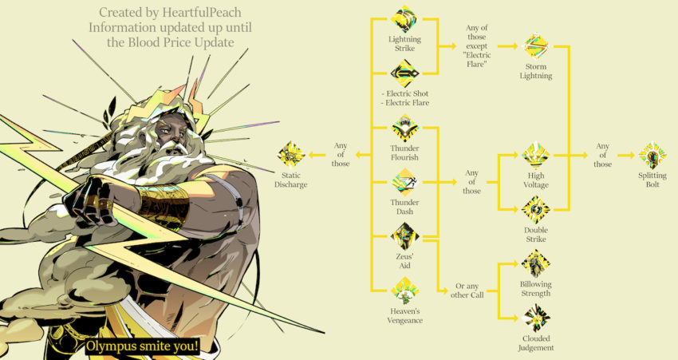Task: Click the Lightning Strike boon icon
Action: tap(404, 19)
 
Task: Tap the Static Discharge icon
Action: tap(291, 155)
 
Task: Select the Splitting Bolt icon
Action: tap(652, 156)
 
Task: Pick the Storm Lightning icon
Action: tap(536, 45)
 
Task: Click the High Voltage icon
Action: tap(536, 156)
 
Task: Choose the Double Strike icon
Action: tap(536, 210)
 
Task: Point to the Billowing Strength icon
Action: tap(536, 264)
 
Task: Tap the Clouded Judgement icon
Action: tap(536, 318)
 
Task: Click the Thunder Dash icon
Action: tap(404, 182)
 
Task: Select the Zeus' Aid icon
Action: tap(404, 236)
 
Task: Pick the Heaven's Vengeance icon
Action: tap(404, 291)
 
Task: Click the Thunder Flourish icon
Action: tap(404, 128)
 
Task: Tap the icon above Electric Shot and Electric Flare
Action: tap(404, 73)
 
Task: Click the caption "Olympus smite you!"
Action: tap(143, 346)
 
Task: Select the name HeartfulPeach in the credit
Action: tap(202, 13)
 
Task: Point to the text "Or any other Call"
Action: tap(467, 291)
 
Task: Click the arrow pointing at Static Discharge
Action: tap(317, 155)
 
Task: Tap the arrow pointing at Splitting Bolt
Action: tap(626, 156)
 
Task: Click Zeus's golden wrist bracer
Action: tap(164, 204)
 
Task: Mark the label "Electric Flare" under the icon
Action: tap(404, 103)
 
